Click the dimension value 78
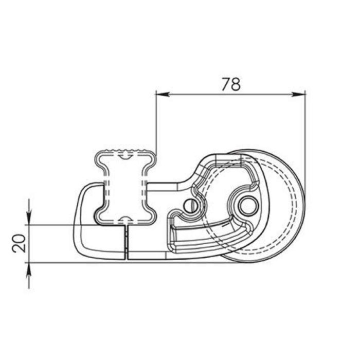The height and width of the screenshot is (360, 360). (x=231, y=84)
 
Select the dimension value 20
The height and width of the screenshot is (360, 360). (x=19, y=243)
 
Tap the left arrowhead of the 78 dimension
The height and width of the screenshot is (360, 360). (x=160, y=94)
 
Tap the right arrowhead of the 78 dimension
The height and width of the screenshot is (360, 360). (x=300, y=94)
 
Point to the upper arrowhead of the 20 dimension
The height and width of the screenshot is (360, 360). (x=29, y=220)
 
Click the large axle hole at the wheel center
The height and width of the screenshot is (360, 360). (x=246, y=205)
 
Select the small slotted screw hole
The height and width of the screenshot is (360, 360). (x=190, y=205)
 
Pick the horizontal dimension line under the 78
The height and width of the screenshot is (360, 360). (x=230, y=94)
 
